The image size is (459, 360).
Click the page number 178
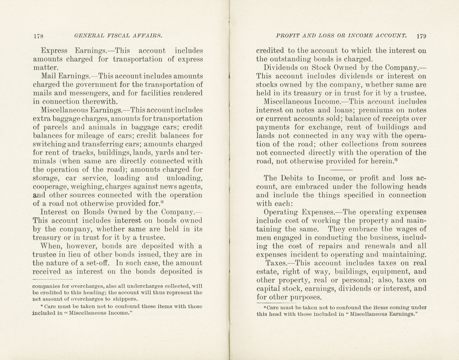click(x=38, y=36)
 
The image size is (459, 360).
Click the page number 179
click(x=421, y=36)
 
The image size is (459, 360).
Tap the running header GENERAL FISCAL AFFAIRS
click(x=118, y=36)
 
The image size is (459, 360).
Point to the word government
click(x=94, y=85)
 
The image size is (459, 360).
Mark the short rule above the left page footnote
click(x=52, y=280)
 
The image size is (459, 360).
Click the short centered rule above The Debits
click(x=341, y=170)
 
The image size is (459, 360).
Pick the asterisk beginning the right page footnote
click(x=265, y=307)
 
